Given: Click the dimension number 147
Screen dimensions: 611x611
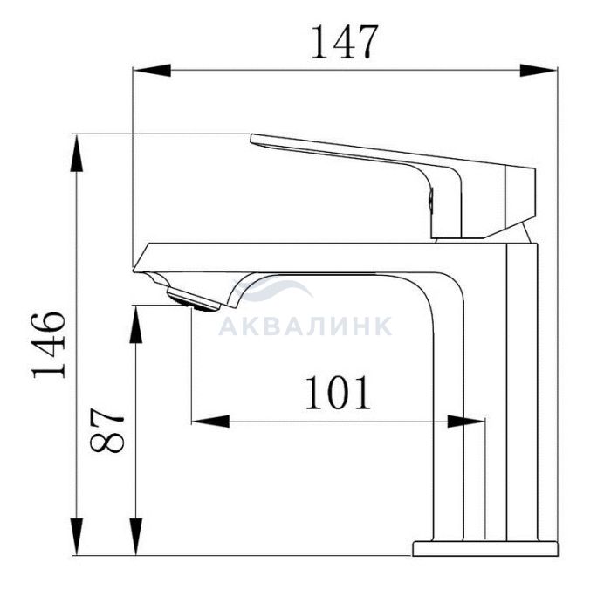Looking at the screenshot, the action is coord(345,42).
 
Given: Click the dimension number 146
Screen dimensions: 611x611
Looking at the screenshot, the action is coord(48,345).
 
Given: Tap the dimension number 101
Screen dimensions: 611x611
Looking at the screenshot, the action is coord(338,393).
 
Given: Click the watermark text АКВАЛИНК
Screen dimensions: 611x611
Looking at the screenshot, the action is coord(305,326).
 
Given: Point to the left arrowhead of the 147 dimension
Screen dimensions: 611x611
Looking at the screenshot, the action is coord(152,71).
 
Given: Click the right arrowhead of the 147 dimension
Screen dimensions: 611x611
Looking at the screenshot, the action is coord(539,71).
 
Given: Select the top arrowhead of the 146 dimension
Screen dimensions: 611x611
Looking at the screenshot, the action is coord(77,153).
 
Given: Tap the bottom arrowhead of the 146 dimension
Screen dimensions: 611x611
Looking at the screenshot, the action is coord(77,536).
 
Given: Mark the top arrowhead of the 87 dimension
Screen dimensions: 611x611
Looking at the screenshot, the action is coord(135,324).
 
